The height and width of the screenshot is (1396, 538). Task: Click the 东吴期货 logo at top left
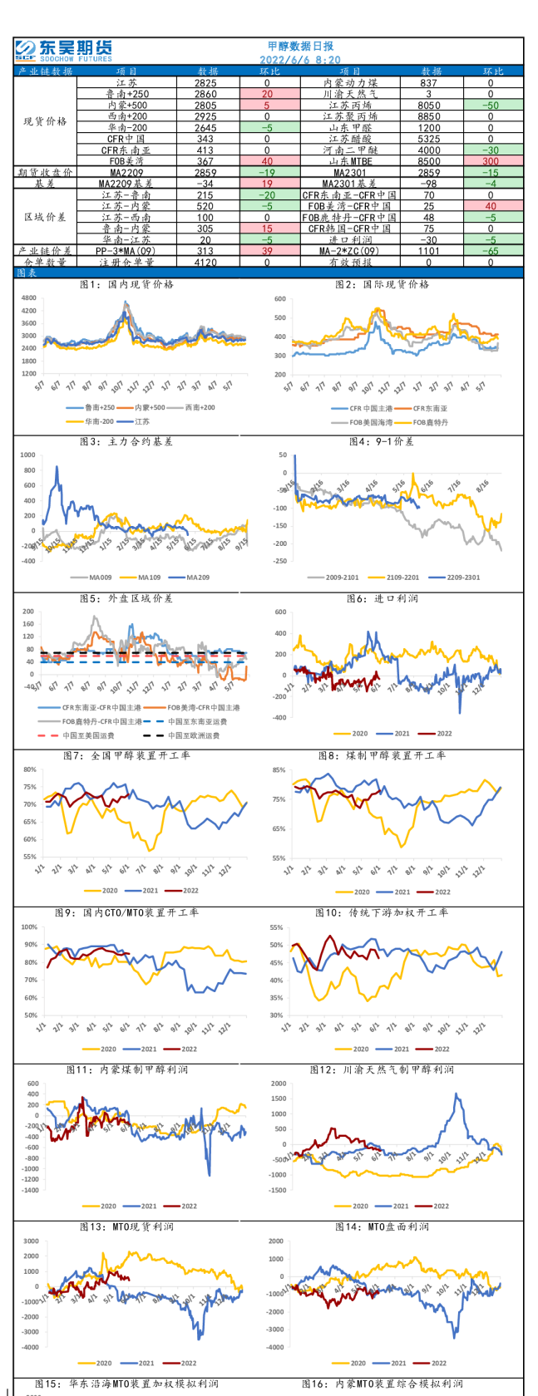[x=63, y=51]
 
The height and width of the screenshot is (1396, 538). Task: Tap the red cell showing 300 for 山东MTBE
[x=490, y=161]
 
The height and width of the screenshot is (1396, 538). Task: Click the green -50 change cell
[x=490, y=106]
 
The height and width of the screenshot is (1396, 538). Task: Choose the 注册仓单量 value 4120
[x=205, y=262]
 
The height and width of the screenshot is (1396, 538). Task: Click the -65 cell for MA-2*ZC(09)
[x=490, y=250]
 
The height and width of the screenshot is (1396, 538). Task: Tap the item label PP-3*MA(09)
[x=126, y=250]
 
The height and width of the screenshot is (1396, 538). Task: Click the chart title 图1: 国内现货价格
[x=126, y=284]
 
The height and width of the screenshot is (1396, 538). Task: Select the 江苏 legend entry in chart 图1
[x=141, y=421]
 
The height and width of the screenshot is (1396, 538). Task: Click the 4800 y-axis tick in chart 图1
[x=29, y=297]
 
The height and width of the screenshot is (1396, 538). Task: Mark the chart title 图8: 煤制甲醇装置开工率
[x=382, y=755]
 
